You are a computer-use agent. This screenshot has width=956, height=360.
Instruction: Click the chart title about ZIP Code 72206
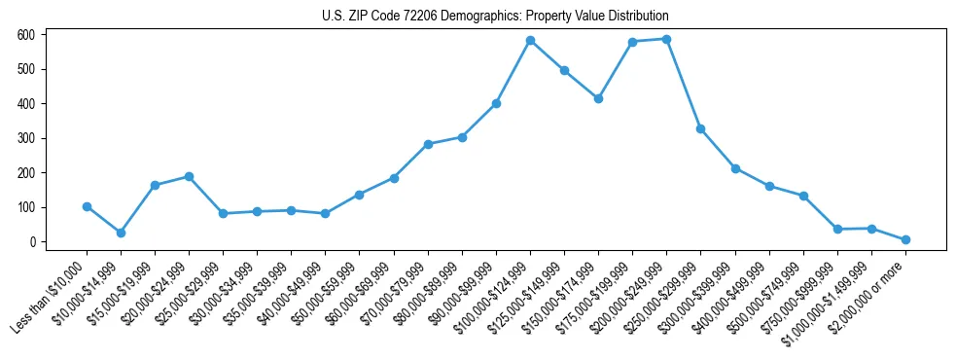pos(495,17)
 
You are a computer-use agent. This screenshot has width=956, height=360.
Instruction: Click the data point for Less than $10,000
pos(87,206)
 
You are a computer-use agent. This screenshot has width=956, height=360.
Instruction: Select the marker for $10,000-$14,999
pos(121,233)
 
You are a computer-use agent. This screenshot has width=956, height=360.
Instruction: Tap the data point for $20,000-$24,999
pos(189,176)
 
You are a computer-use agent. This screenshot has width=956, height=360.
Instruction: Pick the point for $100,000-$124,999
pos(530,41)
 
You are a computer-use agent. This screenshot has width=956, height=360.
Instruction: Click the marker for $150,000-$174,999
pos(598,98)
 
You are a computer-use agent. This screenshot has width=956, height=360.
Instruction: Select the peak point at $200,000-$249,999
pos(666,39)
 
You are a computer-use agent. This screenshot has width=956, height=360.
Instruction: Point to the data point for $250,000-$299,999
pos(700,128)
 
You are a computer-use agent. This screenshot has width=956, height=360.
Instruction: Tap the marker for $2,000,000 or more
pos(905,239)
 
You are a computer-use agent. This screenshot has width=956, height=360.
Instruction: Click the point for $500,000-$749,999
pos(803,196)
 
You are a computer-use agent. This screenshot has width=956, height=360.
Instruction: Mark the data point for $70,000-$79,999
pos(428,144)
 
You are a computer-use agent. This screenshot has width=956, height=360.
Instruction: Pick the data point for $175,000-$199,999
pos(632,42)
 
